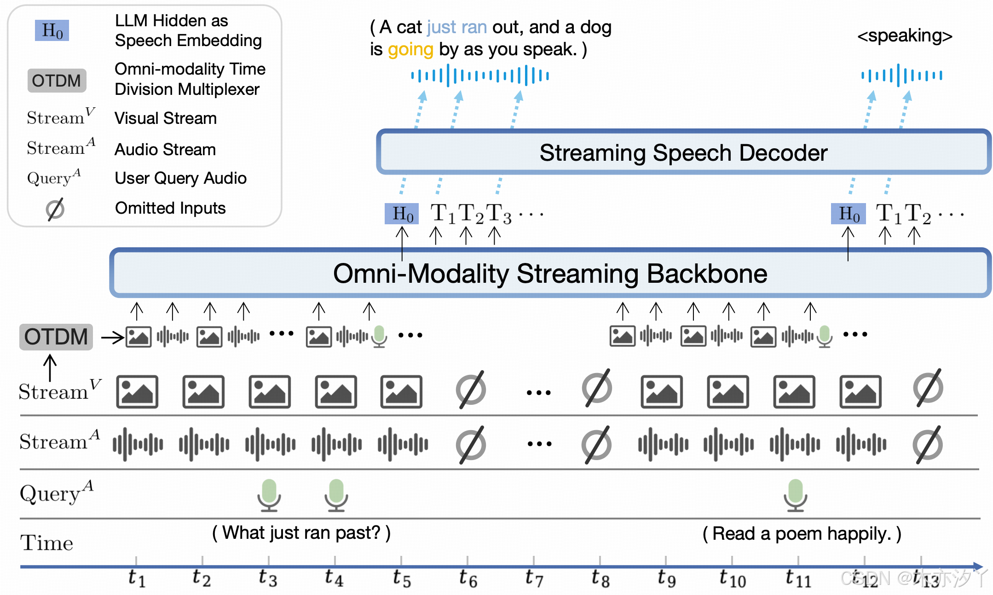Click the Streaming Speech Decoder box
[x=683, y=152]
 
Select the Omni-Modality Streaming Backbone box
[x=549, y=273]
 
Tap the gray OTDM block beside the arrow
[x=56, y=337]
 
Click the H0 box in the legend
[x=52, y=30]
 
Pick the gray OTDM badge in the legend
[x=57, y=81]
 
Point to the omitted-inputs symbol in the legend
[x=55, y=209]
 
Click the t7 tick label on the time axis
[x=534, y=578]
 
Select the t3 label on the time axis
[x=268, y=578]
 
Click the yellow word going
[x=410, y=49]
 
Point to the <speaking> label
[x=904, y=35]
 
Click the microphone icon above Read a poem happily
[x=795, y=495]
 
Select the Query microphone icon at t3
[x=269, y=495]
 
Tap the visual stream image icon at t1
[x=137, y=392]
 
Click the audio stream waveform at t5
[x=403, y=444]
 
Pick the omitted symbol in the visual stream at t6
[x=471, y=390]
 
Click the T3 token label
[x=498, y=214]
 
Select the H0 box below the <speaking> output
[x=848, y=214]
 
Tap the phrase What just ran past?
[x=301, y=533]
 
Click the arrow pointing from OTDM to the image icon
[x=112, y=338]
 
